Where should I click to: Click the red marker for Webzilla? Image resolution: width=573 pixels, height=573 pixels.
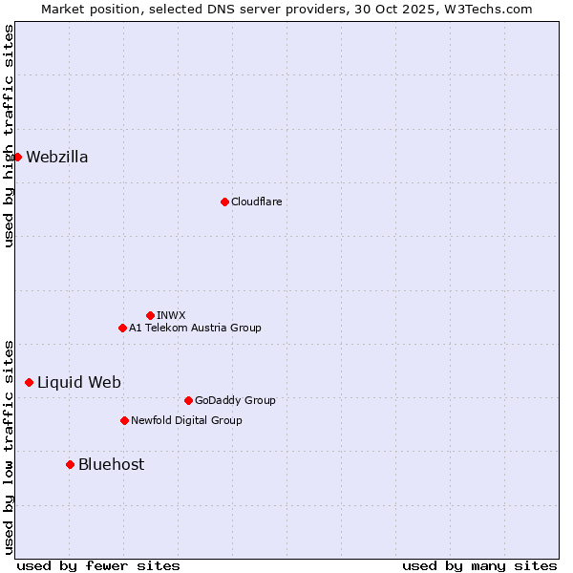coord(17,157)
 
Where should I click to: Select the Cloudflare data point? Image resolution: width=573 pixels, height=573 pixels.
coord(224,202)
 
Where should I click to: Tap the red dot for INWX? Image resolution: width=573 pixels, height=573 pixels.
coord(150,315)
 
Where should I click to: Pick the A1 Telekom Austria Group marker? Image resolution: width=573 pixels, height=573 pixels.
coord(122,328)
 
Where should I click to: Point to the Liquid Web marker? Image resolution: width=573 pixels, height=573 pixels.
coord(29,382)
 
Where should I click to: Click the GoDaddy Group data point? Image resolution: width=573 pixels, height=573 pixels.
coord(188,400)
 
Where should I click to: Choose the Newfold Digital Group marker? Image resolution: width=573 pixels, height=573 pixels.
coord(124,420)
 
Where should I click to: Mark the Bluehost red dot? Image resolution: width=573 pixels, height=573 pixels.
coord(70,464)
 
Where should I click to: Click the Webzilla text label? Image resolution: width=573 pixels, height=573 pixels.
coord(57,157)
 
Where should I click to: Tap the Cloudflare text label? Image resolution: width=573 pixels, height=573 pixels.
coord(257,202)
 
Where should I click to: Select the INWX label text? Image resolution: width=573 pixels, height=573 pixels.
coord(172,315)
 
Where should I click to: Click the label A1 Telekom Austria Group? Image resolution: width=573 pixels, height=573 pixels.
coord(195,328)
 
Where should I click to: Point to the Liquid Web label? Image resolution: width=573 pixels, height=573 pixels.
coord(79,382)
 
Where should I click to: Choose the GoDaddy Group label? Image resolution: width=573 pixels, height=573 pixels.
coord(235,400)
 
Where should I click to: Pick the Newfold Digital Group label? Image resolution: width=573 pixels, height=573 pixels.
coord(186,420)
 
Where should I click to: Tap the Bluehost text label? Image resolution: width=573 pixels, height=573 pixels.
coord(112,464)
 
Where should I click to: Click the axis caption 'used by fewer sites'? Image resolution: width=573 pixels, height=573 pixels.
coord(98,565)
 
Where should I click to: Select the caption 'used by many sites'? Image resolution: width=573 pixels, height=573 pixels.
coord(479,565)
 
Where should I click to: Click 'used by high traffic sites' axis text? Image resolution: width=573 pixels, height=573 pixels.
coord(9,136)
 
